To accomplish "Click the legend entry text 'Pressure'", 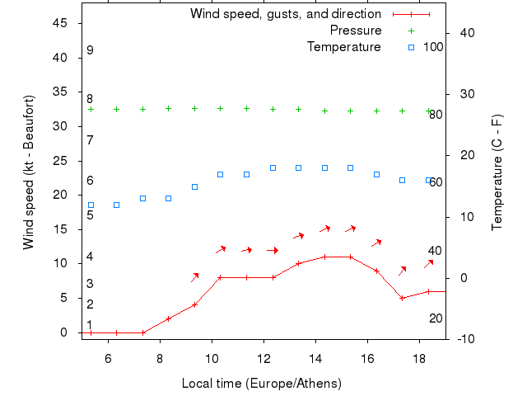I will click(356, 31).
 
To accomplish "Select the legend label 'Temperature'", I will click(344, 47).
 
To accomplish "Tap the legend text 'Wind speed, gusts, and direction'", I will click(286, 14).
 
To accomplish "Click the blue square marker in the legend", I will click(411, 47).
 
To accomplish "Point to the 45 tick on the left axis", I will click(68, 23).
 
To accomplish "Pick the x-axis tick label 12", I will click(263, 357).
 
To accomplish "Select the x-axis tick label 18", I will click(420, 357).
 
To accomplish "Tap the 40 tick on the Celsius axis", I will click(466, 33).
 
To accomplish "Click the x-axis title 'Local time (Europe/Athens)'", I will click(261, 384).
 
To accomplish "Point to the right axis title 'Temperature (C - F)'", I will click(497, 172).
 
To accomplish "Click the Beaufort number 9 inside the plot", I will click(90, 50).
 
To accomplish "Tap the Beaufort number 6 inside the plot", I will click(90, 181).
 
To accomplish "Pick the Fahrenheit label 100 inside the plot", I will click(433, 47).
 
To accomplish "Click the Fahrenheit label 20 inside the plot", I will click(436, 318).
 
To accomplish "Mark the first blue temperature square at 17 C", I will click(220, 174).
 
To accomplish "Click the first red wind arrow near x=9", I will click(195, 277).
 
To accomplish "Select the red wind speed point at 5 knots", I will click(402, 298).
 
